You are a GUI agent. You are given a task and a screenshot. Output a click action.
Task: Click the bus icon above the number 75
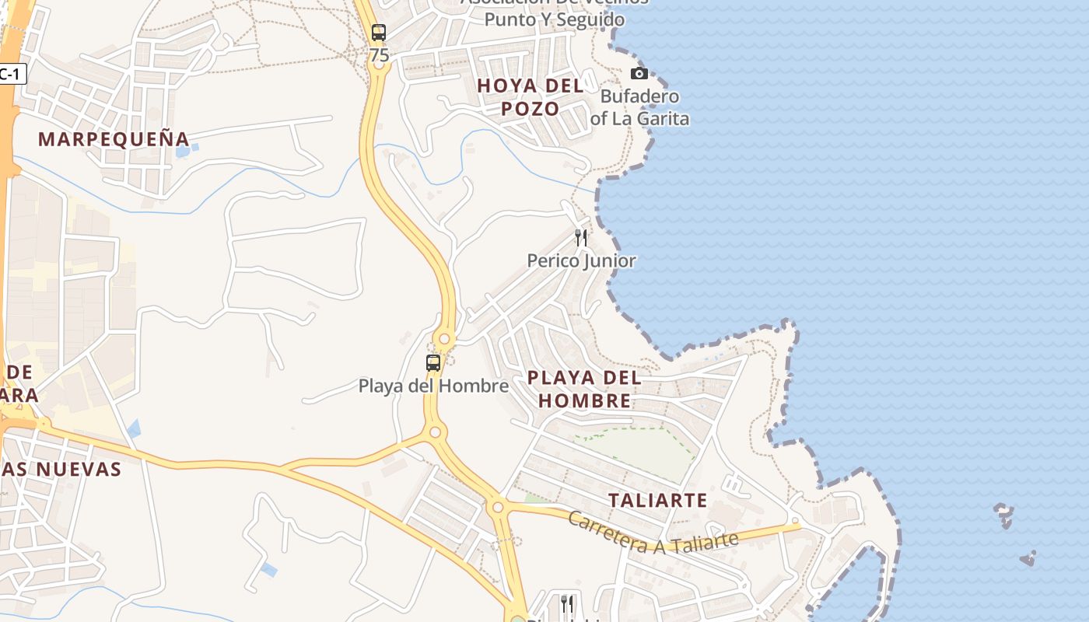[x=379, y=33]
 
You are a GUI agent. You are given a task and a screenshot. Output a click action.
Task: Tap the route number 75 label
[x=380, y=55]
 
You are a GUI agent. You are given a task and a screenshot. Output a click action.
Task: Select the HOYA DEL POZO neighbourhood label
[x=530, y=97]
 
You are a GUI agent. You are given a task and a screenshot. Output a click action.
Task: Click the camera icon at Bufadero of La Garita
[x=639, y=73]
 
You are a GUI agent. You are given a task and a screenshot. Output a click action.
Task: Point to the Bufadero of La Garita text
[x=639, y=107]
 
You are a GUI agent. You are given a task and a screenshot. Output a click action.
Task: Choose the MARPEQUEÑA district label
[x=114, y=139]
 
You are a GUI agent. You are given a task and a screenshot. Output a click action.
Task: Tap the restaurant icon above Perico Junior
[x=581, y=237]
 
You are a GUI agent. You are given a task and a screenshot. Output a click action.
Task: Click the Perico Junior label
[x=582, y=260]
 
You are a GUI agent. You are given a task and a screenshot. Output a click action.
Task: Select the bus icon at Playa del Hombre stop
[x=433, y=362]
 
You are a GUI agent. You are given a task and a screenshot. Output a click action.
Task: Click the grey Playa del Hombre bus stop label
[x=433, y=385]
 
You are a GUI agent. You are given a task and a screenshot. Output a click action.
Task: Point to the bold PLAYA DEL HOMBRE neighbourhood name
[x=584, y=390]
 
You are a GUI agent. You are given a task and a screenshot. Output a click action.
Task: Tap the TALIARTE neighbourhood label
[x=658, y=500]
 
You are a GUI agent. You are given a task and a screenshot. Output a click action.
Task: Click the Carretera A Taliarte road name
[x=652, y=533]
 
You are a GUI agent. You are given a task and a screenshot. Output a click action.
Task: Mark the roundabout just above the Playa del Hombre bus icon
[x=444, y=339]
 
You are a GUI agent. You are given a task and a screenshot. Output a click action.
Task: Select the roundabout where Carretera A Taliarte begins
[x=498, y=508]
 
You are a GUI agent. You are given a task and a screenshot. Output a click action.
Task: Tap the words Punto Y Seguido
[x=555, y=19]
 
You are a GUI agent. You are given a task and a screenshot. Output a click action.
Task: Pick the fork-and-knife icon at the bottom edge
[x=567, y=603]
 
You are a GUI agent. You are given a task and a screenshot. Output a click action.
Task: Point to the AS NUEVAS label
[x=62, y=469]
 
